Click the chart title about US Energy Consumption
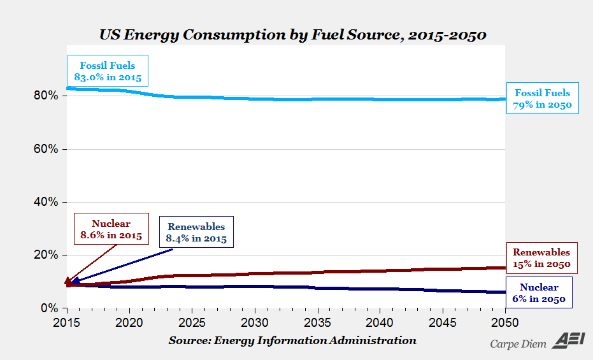pos(292,34)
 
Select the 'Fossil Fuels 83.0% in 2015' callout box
pos(107,71)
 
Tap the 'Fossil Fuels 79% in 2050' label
pos(543,99)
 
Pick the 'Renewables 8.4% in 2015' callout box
pos(196,233)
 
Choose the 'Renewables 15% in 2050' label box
pos(541,258)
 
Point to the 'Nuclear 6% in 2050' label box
pos(538,293)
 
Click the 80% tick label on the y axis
pos(46,96)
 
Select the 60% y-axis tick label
pos(46,149)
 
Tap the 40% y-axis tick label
pos(46,202)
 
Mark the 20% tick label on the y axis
pos(46,255)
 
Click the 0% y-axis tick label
pos(50,308)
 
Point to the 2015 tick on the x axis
pos(66,321)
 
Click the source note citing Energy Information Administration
pos(292,340)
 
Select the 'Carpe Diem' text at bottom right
pos(518,344)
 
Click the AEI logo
pos(565,341)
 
